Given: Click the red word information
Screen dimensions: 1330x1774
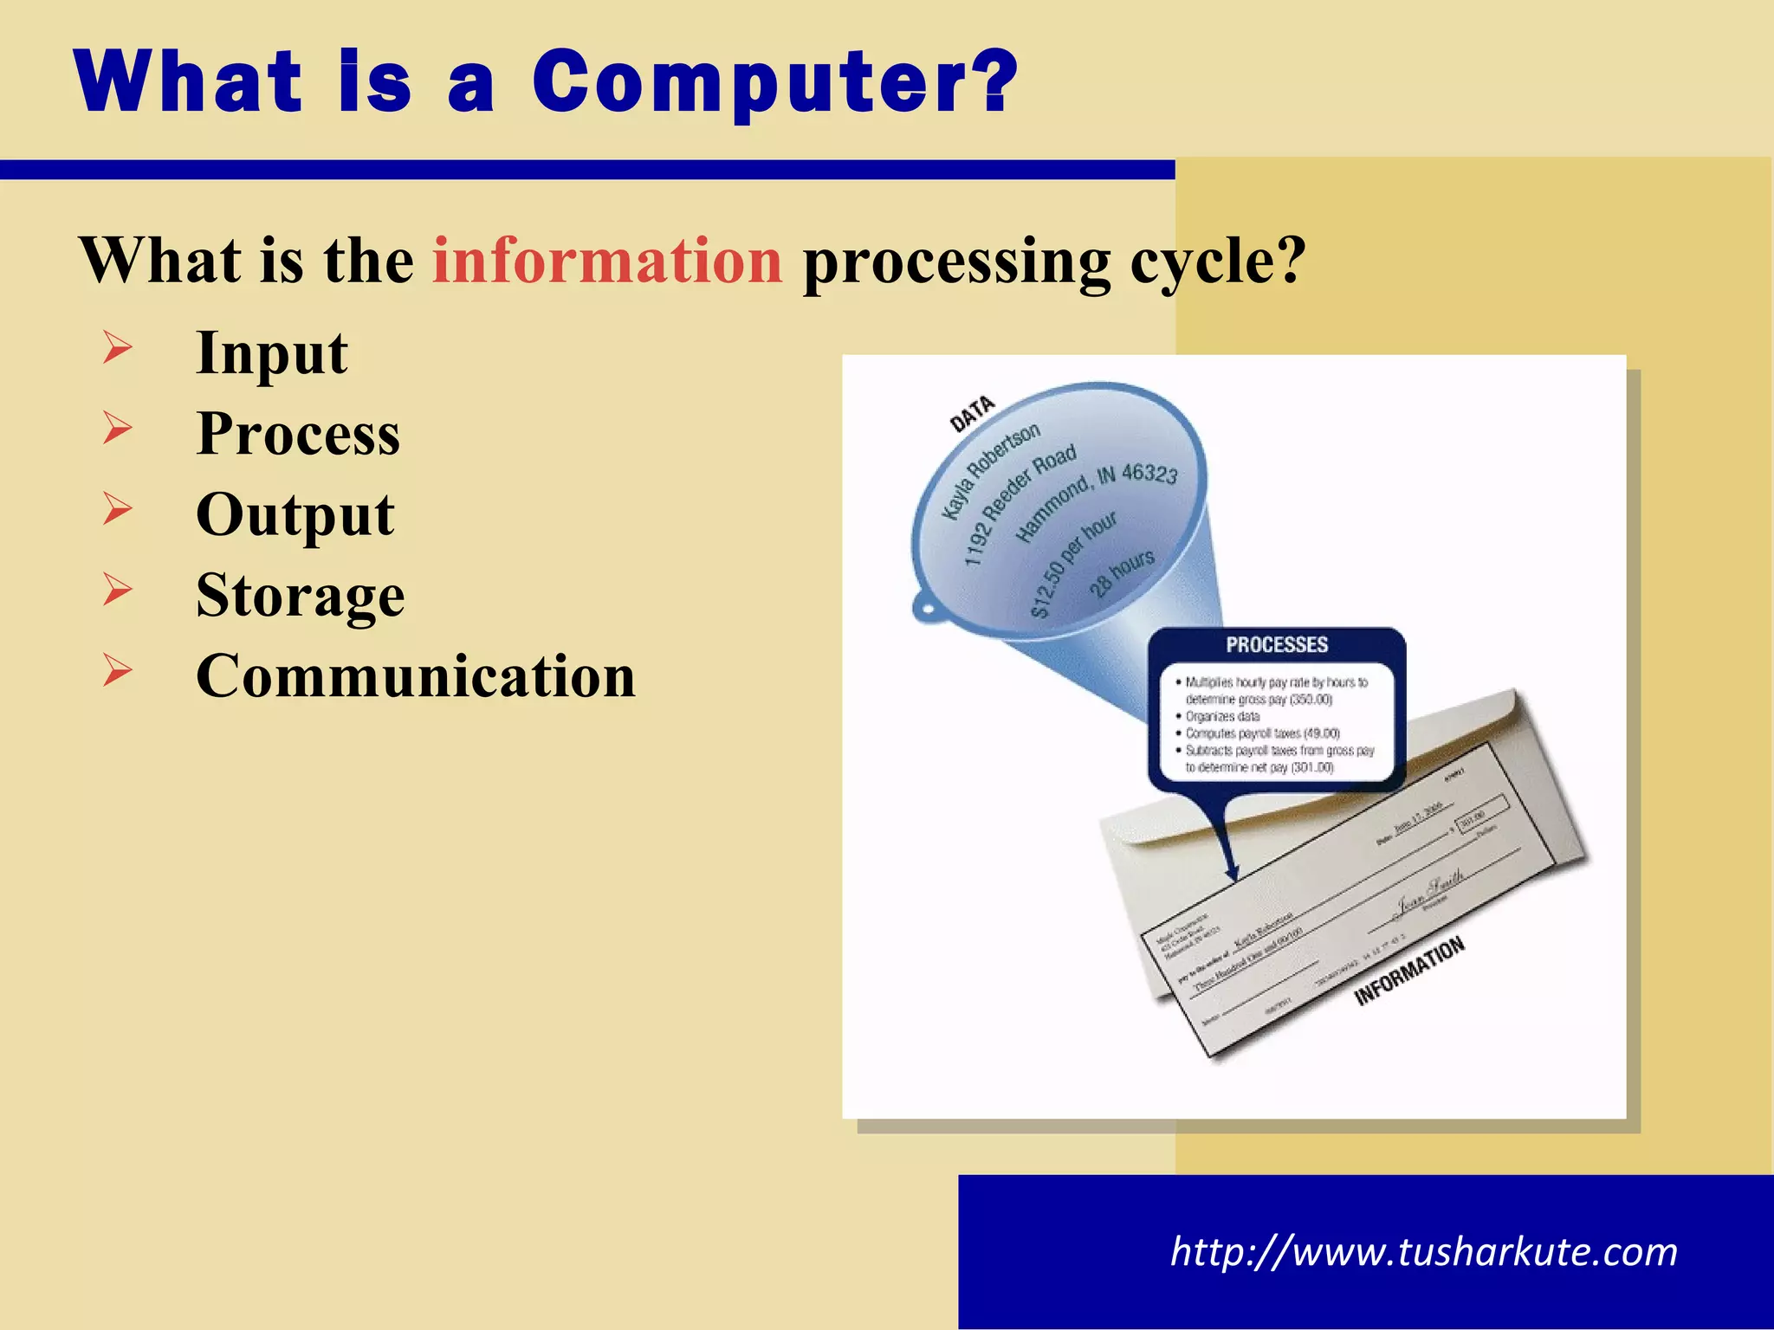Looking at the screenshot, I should [607, 261].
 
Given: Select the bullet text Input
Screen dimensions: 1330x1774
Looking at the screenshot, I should [271, 353].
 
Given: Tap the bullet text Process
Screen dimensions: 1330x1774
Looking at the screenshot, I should [298, 434].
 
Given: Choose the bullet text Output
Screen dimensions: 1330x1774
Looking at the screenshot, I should [295, 515].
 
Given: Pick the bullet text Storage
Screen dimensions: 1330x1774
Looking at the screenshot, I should [300, 596].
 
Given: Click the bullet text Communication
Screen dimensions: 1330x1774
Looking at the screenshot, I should [416, 676].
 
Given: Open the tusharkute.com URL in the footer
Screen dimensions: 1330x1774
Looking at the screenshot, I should [1423, 1252].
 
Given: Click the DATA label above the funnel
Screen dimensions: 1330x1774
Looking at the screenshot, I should [972, 414].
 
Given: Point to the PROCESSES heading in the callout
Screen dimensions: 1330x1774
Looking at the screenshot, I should [1276, 645].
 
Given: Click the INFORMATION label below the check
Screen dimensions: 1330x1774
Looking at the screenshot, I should [1408, 971].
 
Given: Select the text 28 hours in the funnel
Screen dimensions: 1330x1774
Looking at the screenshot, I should [1122, 572].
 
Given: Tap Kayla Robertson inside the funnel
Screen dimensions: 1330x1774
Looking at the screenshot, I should [991, 472].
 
